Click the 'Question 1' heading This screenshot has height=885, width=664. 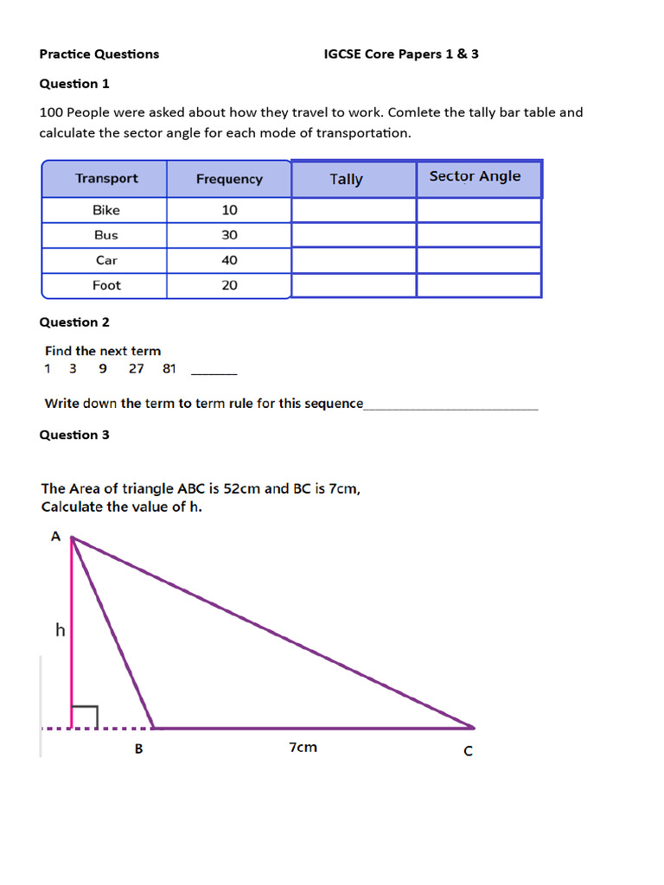(74, 84)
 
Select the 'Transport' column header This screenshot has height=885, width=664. (106, 179)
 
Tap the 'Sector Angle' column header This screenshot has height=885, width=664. (476, 176)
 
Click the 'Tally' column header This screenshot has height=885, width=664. (346, 180)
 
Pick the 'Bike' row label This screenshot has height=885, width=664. (106, 210)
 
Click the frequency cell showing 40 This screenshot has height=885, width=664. (229, 260)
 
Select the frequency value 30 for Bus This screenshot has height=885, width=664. (229, 235)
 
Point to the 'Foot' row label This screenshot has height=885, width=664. (106, 285)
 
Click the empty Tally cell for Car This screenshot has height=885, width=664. (354, 260)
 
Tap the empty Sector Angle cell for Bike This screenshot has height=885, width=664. (479, 211)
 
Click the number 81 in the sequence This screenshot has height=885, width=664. (169, 369)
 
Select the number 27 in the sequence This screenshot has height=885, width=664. (137, 369)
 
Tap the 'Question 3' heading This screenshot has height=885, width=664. (74, 435)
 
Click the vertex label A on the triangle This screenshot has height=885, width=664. (55, 537)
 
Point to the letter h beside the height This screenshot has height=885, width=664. (60, 631)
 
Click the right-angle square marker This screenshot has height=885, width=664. (85, 716)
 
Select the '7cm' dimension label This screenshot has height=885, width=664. (303, 748)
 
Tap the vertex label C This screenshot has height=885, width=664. (469, 752)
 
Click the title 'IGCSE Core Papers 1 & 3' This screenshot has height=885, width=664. (401, 54)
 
